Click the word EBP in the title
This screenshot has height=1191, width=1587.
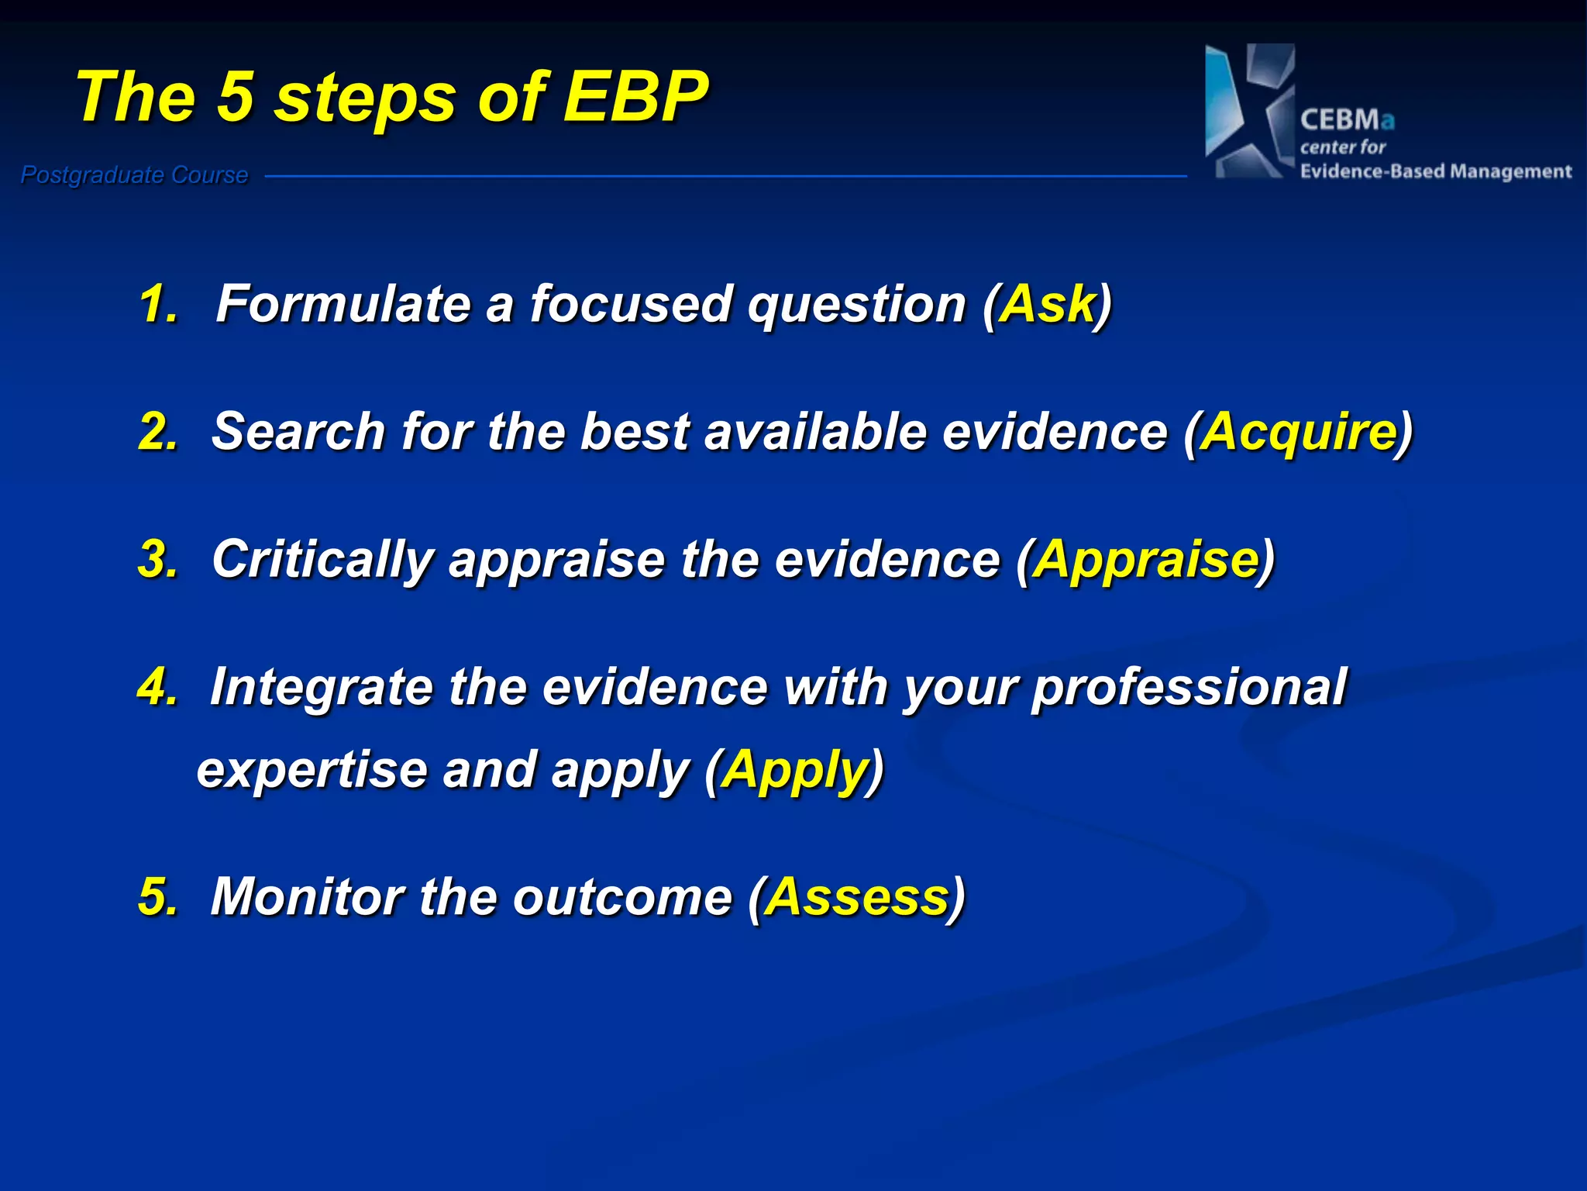click(x=635, y=97)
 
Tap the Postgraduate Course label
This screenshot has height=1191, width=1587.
click(x=134, y=175)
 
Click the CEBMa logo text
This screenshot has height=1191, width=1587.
click(x=1347, y=120)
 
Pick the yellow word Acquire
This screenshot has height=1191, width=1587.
click(x=1299, y=431)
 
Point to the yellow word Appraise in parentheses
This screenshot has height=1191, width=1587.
click(x=1146, y=559)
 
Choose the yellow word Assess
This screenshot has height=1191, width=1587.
click(x=857, y=897)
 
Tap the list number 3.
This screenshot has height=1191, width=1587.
click(x=157, y=559)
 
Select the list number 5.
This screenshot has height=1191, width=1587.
click(x=157, y=897)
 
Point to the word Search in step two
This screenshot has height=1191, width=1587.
click(x=298, y=431)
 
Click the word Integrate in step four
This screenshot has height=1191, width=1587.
click(x=322, y=688)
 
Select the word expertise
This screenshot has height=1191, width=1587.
click(x=312, y=770)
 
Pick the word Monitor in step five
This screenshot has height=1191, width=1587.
click(x=307, y=897)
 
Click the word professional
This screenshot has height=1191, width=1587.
click(x=1189, y=688)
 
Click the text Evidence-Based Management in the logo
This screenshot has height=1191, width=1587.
click(x=1435, y=171)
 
